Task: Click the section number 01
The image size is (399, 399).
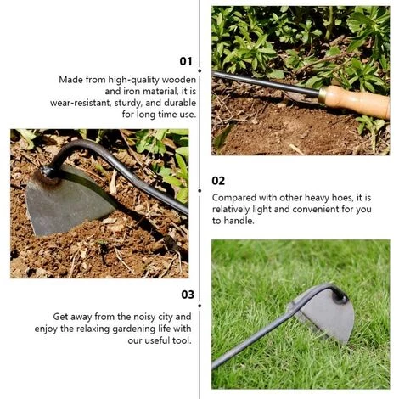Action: click(x=186, y=61)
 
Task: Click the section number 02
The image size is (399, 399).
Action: click(x=218, y=181)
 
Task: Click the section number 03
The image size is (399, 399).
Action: click(x=188, y=295)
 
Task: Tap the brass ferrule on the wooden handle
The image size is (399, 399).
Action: click(x=322, y=95)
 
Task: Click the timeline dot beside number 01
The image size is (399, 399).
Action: click(x=199, y=70)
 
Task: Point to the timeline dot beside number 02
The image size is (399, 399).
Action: click(x=199, y=191)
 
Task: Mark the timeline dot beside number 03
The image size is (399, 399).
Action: click(x=199, y=306)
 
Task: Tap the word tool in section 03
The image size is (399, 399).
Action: click(x=182, y=340)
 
